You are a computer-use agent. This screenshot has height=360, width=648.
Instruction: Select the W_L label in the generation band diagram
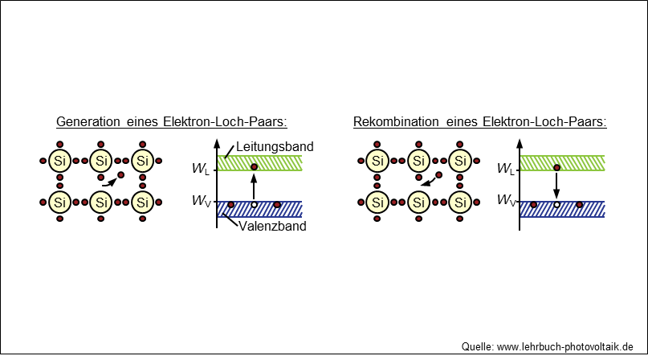click(202, 170)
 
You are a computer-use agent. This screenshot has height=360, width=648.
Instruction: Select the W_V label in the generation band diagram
click(202, 200)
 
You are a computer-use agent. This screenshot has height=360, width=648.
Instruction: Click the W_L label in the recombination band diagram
click(506, 170)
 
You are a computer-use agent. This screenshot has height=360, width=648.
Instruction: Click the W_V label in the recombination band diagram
click(506, 200)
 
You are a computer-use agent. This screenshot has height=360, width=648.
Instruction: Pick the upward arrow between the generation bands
click(254, 186)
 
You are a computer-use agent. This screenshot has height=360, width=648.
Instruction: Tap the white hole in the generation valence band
click(254, 206)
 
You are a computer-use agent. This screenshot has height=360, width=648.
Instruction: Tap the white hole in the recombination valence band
click(556, 206)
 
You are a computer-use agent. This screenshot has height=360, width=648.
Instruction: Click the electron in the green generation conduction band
click(254, 166)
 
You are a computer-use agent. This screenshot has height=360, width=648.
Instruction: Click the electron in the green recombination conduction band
click(556, 167)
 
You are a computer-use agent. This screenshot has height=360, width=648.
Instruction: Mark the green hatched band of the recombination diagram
click(578, 163)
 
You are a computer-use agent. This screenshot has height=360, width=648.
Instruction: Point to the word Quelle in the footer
click(477, 346)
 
